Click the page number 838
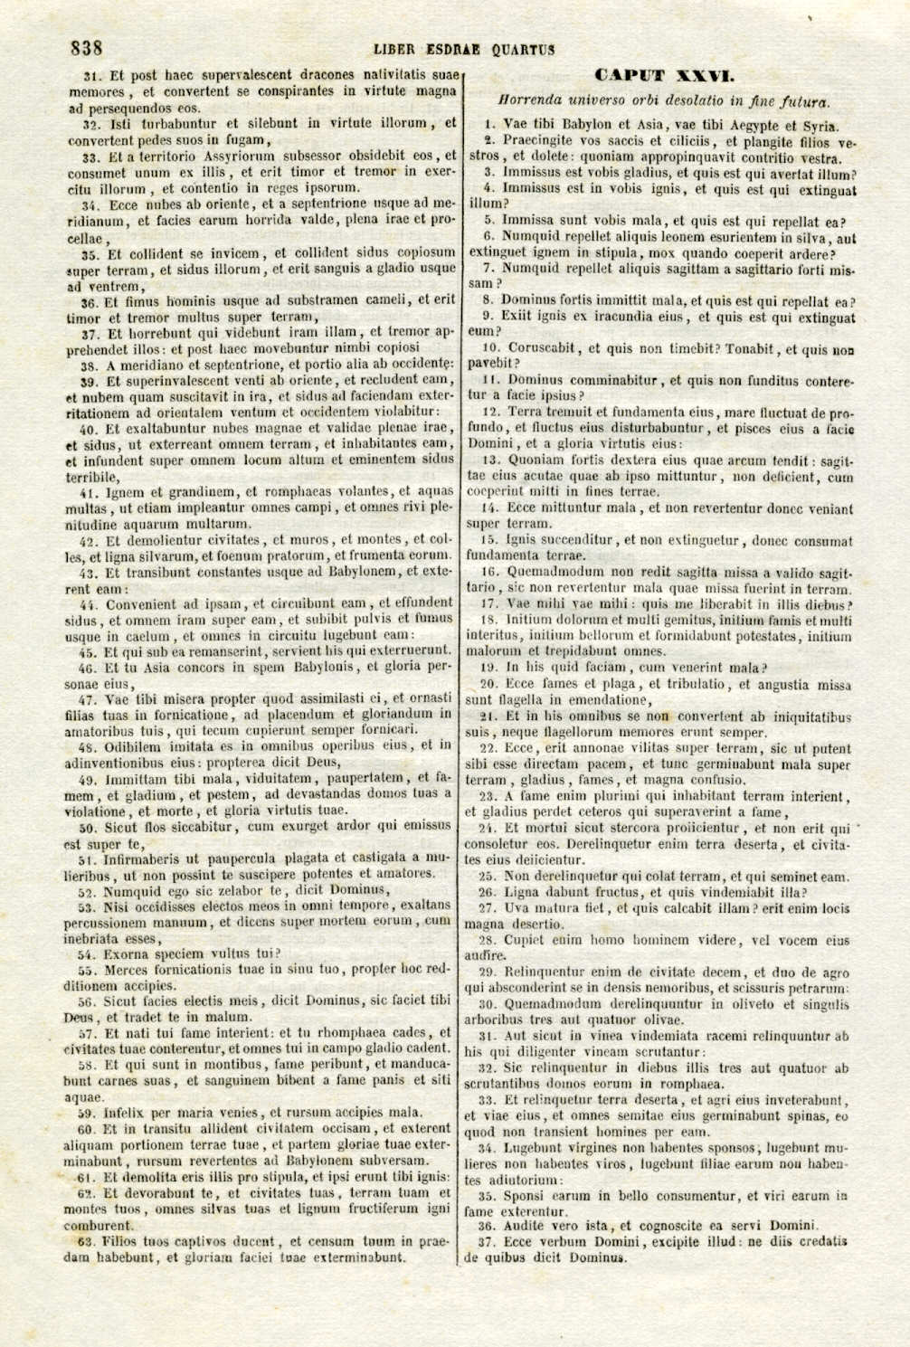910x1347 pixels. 87,48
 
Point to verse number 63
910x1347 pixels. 87,1241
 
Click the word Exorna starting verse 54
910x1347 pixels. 128,953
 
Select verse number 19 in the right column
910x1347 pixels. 487,668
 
